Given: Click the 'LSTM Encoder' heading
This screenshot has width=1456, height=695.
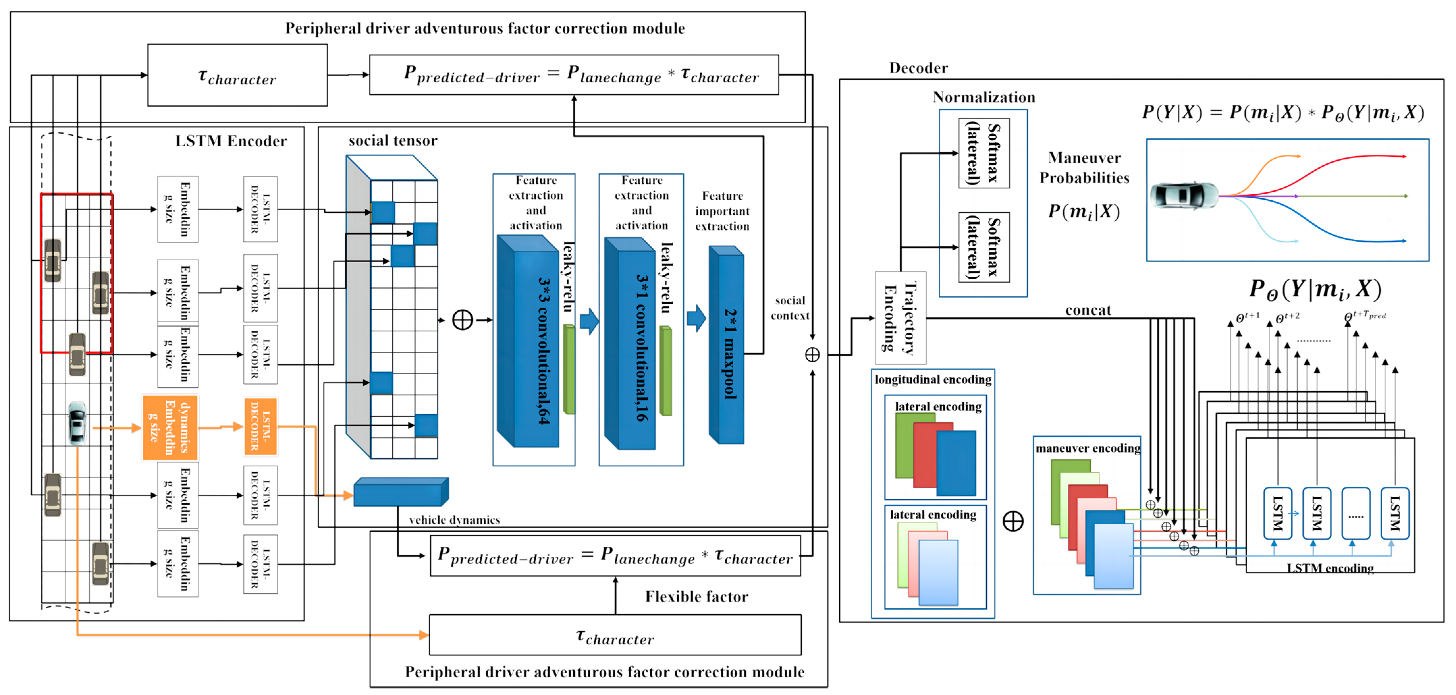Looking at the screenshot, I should point(230,141).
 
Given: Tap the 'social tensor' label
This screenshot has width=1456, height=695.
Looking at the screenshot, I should point(393,140).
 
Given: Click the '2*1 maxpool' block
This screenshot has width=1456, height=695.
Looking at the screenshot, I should point(727,346).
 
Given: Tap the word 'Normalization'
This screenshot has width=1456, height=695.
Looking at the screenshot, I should point(984,97).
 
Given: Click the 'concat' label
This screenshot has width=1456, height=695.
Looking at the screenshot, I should point(1088,310).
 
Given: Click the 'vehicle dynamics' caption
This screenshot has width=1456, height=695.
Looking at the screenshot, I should point(454,520).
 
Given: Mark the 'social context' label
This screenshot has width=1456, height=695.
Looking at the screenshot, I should point(790,308).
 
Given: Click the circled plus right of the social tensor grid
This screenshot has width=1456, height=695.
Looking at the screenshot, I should point(462,320).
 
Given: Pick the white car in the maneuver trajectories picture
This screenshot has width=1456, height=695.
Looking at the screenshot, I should point(1184,196).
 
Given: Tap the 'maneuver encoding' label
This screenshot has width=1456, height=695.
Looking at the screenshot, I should point(1088,448).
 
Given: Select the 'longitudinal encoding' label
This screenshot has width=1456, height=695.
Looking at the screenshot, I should point(932,379).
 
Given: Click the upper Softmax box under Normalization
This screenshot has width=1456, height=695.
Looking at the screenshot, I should point(984,153).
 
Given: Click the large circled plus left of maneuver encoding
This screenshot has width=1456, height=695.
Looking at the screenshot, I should point(1013,521).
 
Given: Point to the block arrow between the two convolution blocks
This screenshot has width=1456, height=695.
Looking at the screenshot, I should point(589,321).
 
